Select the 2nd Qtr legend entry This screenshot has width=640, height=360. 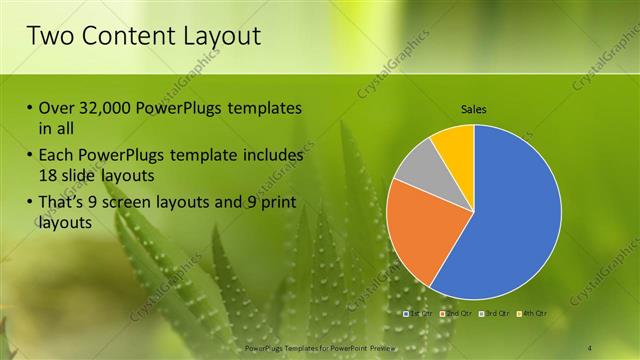pyautogui.click(x=454, y=314)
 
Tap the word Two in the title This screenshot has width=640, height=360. pyautogui.click(x=50, y=37)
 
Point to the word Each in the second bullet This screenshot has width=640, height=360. pyautogui.click(x=56, y=156)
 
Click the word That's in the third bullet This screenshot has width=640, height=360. pyautogui.click(x=65, y=204)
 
